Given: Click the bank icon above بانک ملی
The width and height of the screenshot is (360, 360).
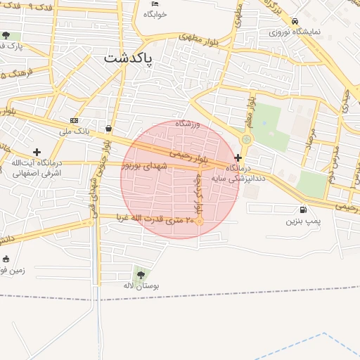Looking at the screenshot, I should click(x=75, y=121).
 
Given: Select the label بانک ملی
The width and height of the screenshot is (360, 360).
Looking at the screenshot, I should click(x=75, y=131).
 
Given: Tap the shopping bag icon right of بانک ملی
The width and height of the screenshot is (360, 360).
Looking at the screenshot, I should click(x=108, y=129).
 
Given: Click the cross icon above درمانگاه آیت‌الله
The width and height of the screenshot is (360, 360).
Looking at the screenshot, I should click(x=37, y=152).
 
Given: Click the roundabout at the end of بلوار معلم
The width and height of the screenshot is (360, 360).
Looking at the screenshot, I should click(x=245, y=139).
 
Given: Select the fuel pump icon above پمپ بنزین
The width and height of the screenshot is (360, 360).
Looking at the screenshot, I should click(x=303, y=210).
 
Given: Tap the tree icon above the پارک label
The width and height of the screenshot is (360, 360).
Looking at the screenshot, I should click(x=6, y=35).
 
